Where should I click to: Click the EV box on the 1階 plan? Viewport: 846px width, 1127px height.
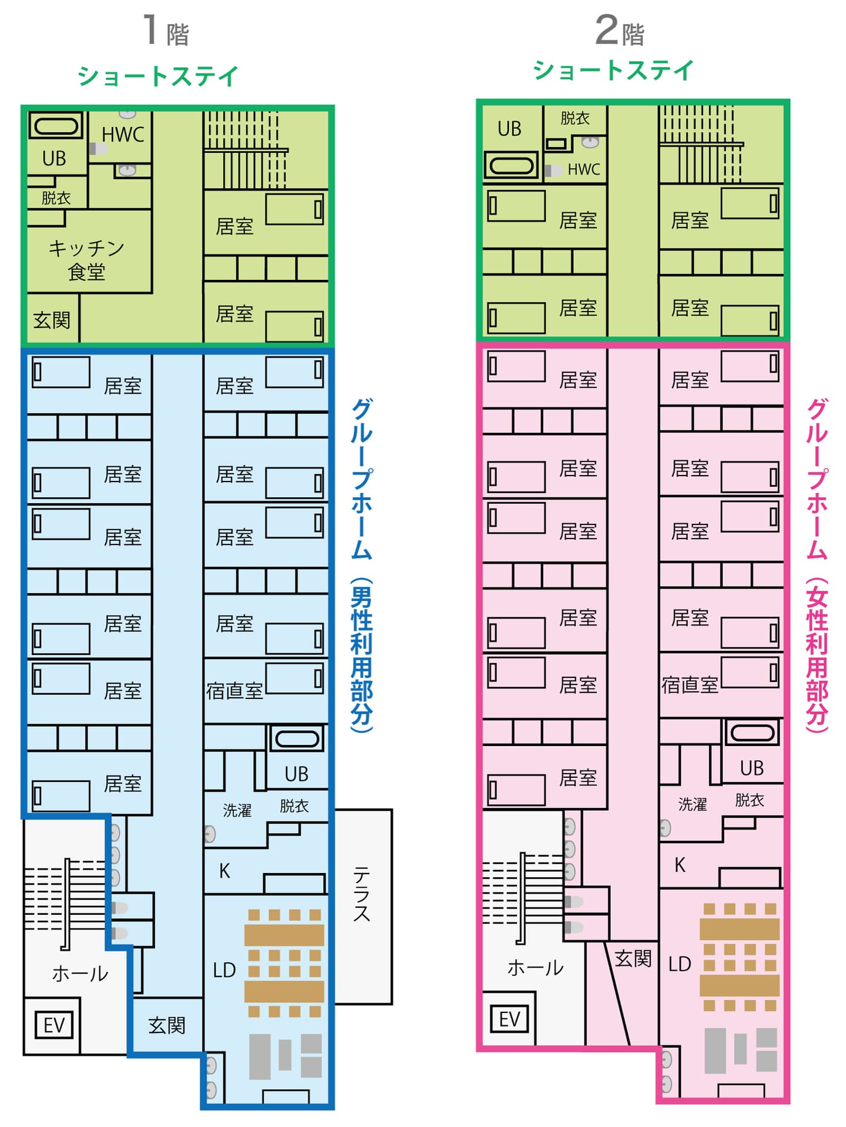pyautogui.click(x=54, y=1025)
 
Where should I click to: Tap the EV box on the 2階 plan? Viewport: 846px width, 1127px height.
pyautogui.click(x=509, y=1019)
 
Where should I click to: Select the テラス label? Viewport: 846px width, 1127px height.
pyautogui.click(x=361, y=894)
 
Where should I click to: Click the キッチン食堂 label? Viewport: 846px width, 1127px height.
pyautogui.click(x=86, y=260)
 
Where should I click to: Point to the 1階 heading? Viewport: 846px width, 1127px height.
pyautogui.click(x=166, y=31)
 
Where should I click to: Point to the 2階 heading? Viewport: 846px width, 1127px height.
pyautogui.click(x=620, y=31)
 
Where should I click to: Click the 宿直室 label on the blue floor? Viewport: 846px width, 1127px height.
pyautogui.click(x=234, y=691)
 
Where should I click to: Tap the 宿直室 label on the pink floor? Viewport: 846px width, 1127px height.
pyautogui.click(x=690, y=685)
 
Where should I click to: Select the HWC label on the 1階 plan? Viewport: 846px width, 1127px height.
pyautogui.click(x=123, y=135)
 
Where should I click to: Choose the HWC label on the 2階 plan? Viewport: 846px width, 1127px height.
pyautogui.click(x=583, y=169)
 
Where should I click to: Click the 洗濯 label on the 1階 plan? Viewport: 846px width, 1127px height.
pyautogui.click(x=237, y=811)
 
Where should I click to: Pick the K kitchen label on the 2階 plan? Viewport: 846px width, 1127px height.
pyautogui.click(x=680, y=865)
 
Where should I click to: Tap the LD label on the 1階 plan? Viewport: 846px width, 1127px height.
pyautogui.click(x=224, y=970)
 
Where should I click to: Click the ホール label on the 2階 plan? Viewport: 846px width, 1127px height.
pyautogui.click(x=535, y=968)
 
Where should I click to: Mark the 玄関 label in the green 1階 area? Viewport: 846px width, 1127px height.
pyautogui.click(x=52, y=320)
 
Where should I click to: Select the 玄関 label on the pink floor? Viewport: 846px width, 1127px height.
pyautogui.click(x=633, y=959)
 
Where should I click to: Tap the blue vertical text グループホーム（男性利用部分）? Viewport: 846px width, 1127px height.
pyautogui.click(x=361, y=566)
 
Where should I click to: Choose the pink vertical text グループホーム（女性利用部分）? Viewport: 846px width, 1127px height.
pyautogui.click(x=817, y=566)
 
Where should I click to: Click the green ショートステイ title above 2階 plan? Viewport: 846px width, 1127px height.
pyautogui.click(x=613, y=71)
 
